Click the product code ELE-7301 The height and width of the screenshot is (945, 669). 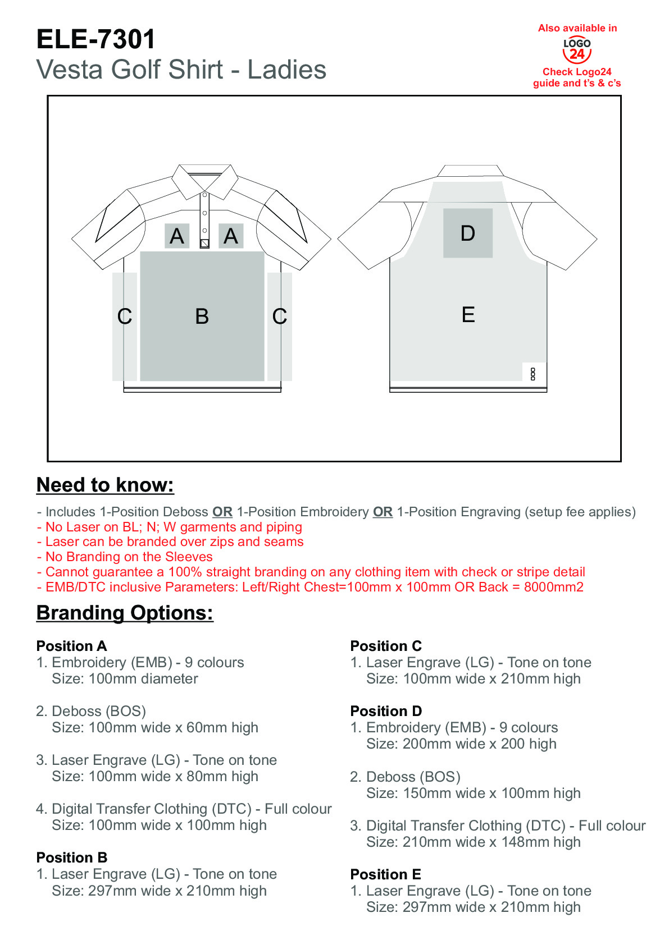click(x=96, y=39)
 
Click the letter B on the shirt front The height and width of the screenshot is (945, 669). click(x=202, y=316)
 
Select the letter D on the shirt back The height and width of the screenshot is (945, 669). click(x=467, y=233)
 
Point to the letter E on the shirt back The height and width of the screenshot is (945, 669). click(x=468, y=315)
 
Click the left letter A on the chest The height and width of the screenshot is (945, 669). click(x=176, y=236)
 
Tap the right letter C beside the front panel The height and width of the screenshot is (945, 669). click(x=280, y=316)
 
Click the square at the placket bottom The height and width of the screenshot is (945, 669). click(x=204, y=244)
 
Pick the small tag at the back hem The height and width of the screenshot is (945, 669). click(x=533, y=374)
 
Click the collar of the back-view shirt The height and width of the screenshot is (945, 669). click(x=470, y=171)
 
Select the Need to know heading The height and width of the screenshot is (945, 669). click(x=105, y=485)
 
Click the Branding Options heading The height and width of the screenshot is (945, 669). click(x=125, y=613)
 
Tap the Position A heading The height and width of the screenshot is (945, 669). click(x=72, y=646)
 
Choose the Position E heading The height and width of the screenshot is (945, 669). click(x=385, y=874)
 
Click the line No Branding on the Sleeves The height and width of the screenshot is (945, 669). click(x=125, y=557)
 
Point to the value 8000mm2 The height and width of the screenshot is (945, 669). click(x=554, y=587)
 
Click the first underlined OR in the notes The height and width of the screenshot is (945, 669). click(x=222, y=512)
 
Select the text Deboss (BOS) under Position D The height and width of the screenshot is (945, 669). click(x=413, y=777)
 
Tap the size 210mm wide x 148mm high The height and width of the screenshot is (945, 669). click(x=491, y=842)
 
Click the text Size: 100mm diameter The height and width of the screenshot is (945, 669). click(x=125, y=679)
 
